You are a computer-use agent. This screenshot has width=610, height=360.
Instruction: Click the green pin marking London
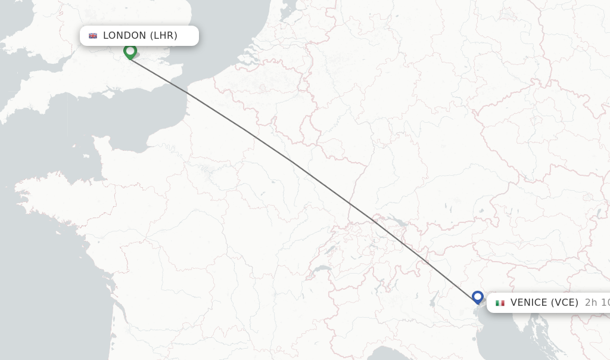coord(130,51)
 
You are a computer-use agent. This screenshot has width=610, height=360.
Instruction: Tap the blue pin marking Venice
coord(477,296)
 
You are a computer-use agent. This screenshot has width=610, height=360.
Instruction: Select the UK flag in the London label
coord(93,36)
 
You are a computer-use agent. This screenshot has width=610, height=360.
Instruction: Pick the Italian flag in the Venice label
coord(500,303)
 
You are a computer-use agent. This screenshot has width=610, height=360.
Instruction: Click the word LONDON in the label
coord(125,36)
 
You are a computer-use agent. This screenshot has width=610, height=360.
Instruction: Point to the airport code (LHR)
coord(163,36)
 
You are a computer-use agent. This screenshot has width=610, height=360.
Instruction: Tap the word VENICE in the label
coord(528,303)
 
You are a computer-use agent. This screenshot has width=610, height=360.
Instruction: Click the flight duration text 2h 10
coord(596,303)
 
